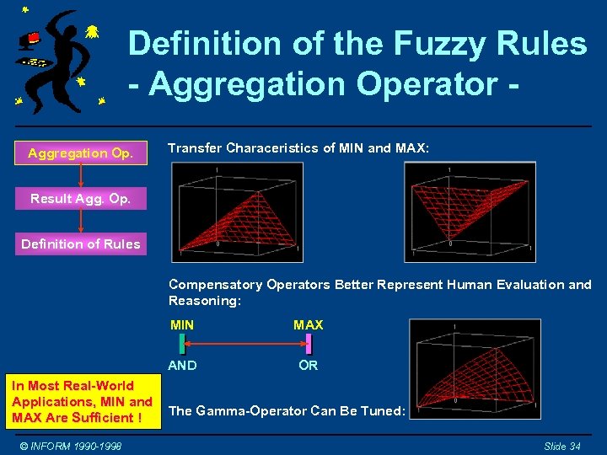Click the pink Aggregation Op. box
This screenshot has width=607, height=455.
(79, 153)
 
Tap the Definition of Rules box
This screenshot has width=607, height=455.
(80, 244)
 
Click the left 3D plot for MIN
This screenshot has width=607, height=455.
(238, 211)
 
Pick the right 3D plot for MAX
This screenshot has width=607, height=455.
(469, 211)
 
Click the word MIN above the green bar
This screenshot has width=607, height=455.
(181, 324)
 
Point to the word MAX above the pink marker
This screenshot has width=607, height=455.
(308, 324)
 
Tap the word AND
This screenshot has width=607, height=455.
(182, 365)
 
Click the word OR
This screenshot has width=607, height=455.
(309, 365)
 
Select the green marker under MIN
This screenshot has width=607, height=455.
(181, 344)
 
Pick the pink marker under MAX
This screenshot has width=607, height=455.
(309, 344)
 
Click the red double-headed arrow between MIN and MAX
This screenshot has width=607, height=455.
(244, 344)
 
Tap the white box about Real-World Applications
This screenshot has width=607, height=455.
(82, 401)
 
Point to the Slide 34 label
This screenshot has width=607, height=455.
(561, 446)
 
